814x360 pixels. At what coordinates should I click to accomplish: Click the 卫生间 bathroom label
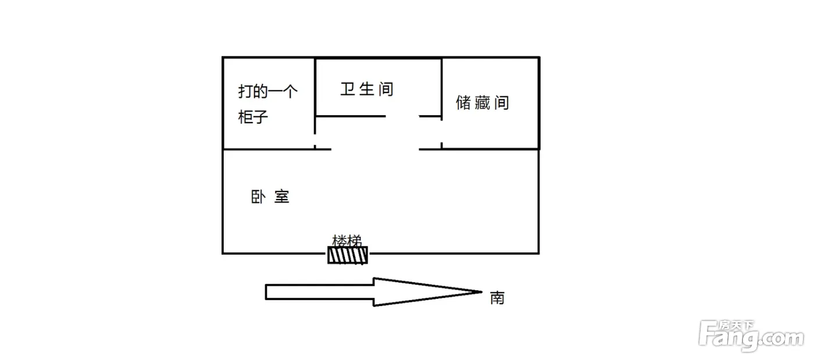[x=366, y=90]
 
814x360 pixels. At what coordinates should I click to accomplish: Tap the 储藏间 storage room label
[x=482, y=103]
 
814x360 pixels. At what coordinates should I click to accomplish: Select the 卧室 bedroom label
[x=270, y=197]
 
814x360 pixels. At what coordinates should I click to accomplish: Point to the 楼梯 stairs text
[x=348, y=240]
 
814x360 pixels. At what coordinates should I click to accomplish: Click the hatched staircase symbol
[x=348, y=255]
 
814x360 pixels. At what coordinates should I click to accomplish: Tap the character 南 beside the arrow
[x=497, y=298]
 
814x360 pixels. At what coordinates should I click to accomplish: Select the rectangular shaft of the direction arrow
[x=319, y=291]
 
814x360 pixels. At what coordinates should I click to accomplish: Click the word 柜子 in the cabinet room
[x=253, y=117]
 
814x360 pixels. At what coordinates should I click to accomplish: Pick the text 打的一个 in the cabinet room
[x=268, y=92]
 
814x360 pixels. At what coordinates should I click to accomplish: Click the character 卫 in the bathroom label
[x=347, y=90]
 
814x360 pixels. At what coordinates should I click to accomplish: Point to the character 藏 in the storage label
[x=482, y=103]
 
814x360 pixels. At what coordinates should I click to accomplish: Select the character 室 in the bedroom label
[x=281, y=197]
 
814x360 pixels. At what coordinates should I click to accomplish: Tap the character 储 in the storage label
[x=463, y=103]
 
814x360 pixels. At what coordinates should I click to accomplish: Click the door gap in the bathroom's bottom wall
[x=402, y=116]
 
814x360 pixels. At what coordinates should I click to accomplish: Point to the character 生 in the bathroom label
[x=366, y=90]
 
